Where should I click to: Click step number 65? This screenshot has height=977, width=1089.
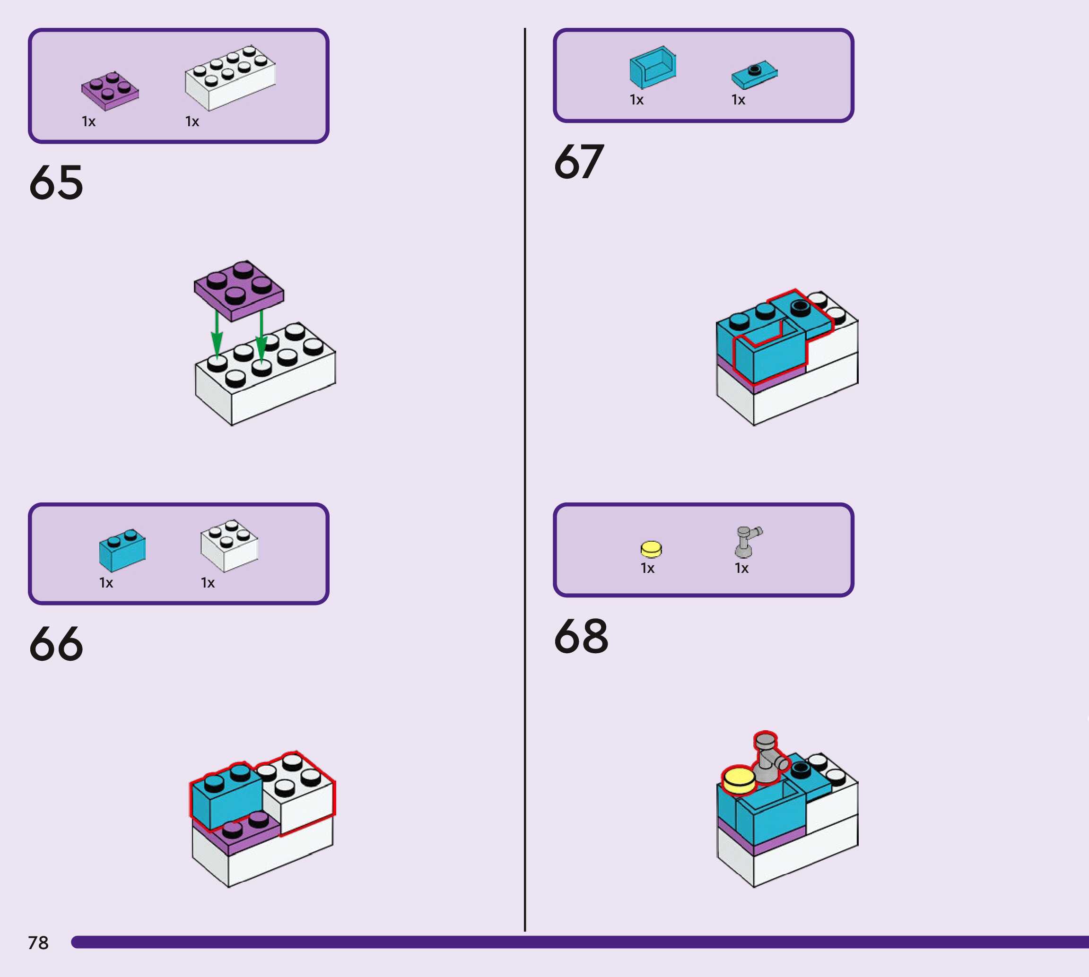(56, 183)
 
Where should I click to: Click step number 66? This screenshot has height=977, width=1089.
(56, 644)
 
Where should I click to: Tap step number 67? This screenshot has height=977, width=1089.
(579, 162)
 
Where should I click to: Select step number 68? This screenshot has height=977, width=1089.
(581, 637)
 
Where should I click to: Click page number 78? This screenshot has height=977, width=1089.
(38, 942)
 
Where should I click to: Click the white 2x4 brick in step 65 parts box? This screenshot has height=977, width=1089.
(230, 78)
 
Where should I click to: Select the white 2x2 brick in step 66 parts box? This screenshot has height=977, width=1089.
(229, 545)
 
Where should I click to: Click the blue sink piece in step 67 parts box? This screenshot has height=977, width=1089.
(653, 68)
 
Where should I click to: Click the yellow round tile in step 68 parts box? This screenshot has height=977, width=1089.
(651, 549)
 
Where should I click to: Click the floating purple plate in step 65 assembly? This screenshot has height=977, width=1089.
(239, 290)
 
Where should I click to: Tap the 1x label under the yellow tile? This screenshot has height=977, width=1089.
(648, 569)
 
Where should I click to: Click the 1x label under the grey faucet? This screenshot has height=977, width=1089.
(741, 569)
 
